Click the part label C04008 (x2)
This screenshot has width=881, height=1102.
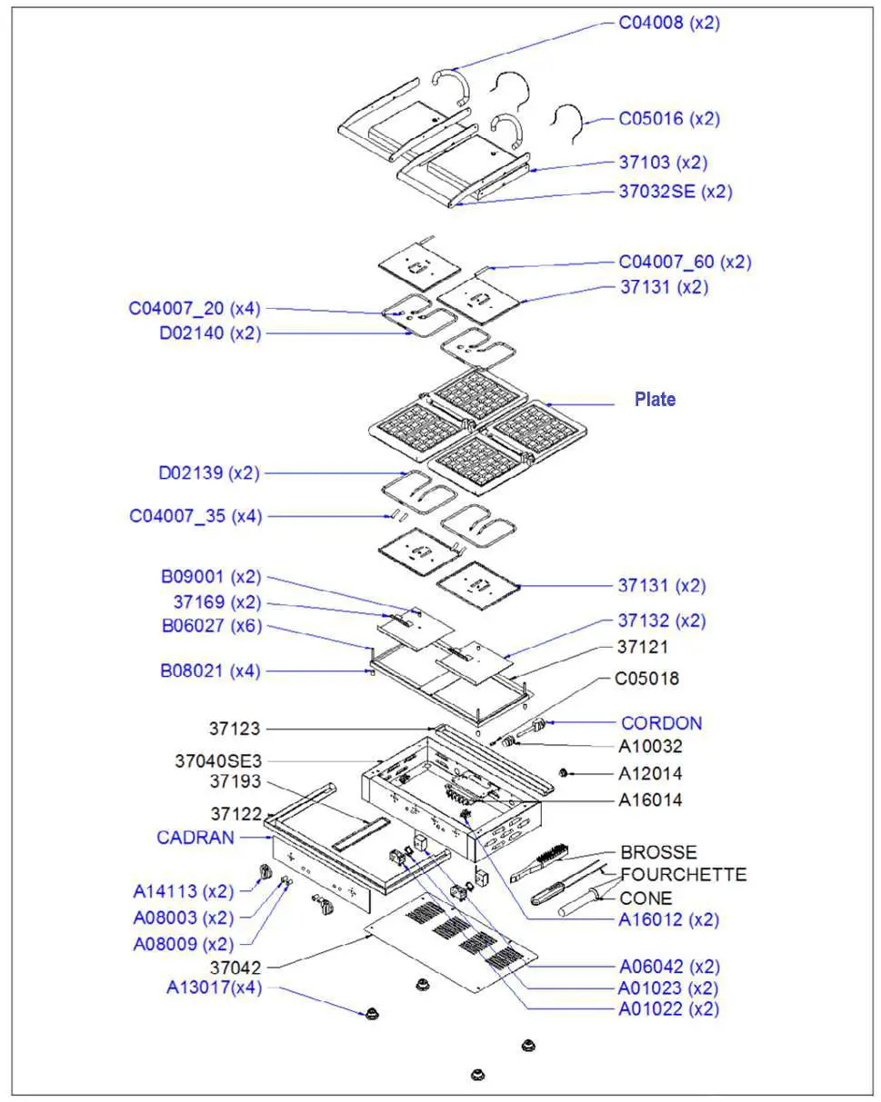coord(669,24)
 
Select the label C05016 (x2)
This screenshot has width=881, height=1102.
coord(669,119)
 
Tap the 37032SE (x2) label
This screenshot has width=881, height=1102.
coord(675,192)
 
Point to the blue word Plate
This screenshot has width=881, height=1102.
coord(655,400)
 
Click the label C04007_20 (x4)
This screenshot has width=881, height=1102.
coord(195,309)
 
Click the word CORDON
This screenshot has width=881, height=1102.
coord(661,724)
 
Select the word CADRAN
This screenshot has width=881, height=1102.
coord(195,838)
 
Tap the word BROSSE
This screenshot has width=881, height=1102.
coord(658,853)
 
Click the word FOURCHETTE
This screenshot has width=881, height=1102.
coord(683,875)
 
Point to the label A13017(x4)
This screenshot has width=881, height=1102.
coord(214,988)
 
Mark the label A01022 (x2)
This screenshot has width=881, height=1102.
coord(668,1009)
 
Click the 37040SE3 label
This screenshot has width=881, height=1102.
coord(217,760)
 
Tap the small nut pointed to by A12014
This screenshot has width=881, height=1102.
coord(564,773)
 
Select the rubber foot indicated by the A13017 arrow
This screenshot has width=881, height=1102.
coord(370,1013)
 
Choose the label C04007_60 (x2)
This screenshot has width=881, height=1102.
coord(685,263)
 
